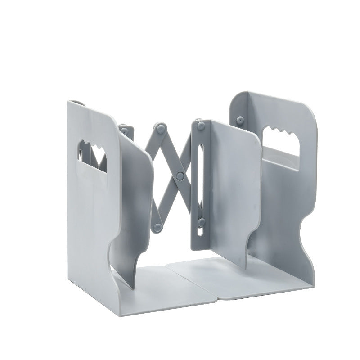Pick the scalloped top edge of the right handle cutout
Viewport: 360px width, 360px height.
[281, 133]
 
